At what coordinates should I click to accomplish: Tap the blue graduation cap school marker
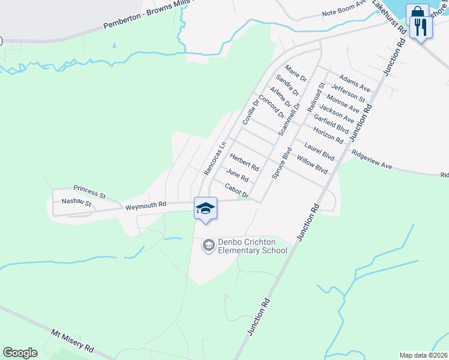[x=205, y=208]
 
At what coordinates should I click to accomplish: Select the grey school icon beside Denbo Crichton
[x=208, y=245]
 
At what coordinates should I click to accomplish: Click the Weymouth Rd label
[x=145, y=206]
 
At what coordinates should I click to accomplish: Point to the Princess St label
[x=89, y=191]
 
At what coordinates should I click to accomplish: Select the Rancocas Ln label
[x=214, y=158]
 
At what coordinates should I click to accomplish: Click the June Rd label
[x=237, y=175]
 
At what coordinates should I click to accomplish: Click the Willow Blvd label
[x=312, y=166]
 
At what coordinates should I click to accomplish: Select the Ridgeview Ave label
[x=372, y=159]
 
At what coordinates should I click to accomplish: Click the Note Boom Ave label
[x=344, y=11]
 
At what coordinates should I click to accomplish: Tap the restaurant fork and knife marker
[x=421, y=26]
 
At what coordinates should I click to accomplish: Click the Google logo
[x=20, y=353]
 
